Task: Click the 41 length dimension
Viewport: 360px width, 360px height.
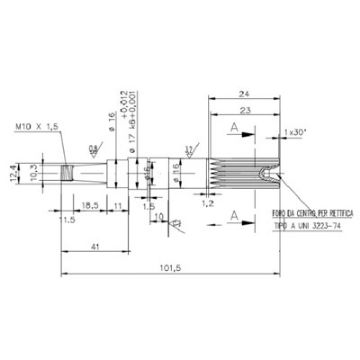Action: [93, 246]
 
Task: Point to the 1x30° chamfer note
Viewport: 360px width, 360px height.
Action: [295, 132]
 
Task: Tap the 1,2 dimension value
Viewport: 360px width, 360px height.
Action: [207, 202]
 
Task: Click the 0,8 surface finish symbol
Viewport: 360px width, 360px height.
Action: [91, 149]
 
